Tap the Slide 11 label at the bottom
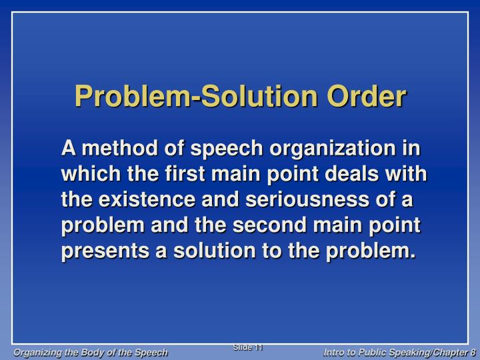click(249, 347)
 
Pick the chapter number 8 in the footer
click(472, 351)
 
